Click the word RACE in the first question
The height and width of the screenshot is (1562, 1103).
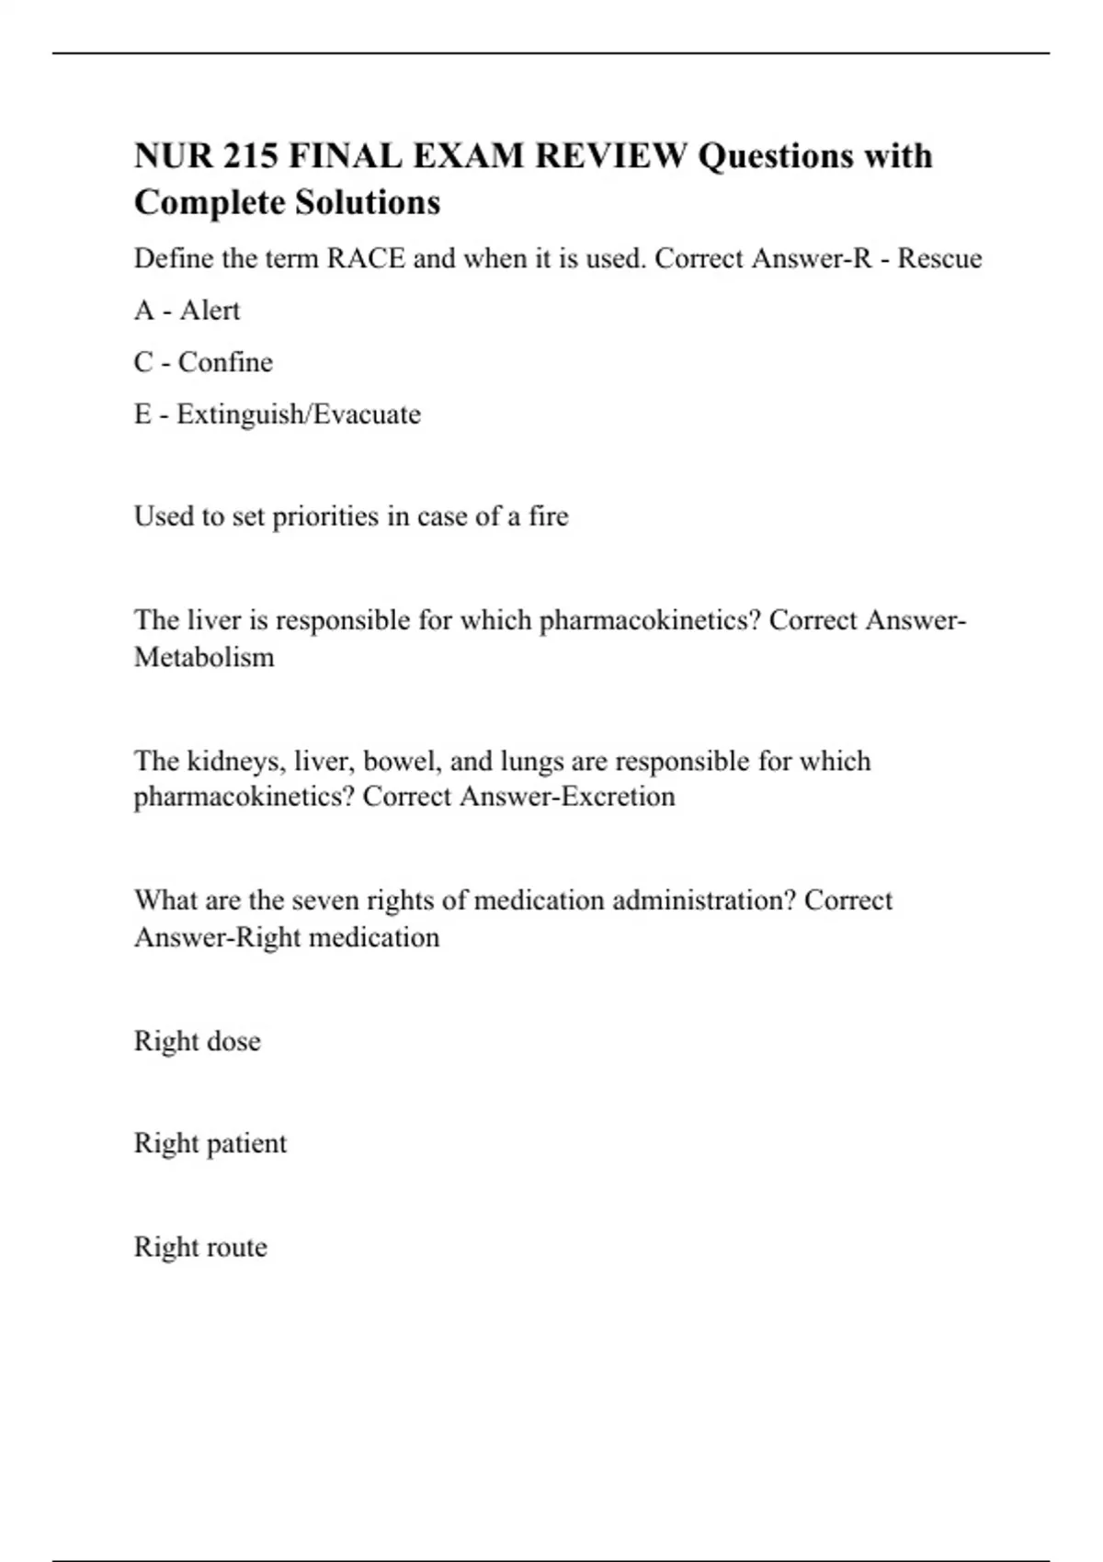point(366,258)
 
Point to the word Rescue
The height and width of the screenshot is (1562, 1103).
point(939,258)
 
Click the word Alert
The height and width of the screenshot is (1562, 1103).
point(210,311)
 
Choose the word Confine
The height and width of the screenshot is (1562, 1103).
point(225,362)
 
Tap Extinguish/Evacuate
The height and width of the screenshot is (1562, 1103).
point(299,414)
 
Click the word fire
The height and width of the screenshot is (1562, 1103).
point(549,516)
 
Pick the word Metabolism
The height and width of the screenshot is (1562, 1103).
point(204,657)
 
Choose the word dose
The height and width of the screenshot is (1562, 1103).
point(234,1041)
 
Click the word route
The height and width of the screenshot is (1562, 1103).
point(234,1248)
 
